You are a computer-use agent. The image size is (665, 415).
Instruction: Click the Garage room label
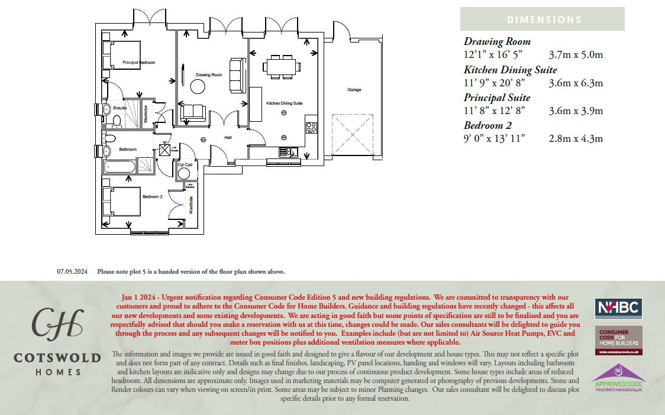click(x=354, y=90)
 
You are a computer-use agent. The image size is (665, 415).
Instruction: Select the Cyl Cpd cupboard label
click(x=185, y=165)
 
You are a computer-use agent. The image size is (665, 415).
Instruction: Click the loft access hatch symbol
click(x=165, y=150)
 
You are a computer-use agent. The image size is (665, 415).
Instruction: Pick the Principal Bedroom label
click(x=139, y=62)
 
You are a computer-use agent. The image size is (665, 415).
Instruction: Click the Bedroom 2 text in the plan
click(x=152, y=196)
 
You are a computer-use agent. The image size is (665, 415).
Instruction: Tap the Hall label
click(x=228, y=137)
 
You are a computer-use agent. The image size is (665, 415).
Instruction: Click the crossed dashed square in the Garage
click(x=353, y=134)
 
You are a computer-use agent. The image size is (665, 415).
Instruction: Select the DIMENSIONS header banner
click(x=543, y=19)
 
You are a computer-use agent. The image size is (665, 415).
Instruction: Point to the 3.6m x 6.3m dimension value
click(x=576, y=83)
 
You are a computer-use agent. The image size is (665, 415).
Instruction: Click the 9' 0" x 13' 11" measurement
click(x=494, y=138)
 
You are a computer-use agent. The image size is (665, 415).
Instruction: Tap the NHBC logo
click(x=618, y=309)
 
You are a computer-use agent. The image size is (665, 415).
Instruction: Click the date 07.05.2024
click(x=72, y=272)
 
